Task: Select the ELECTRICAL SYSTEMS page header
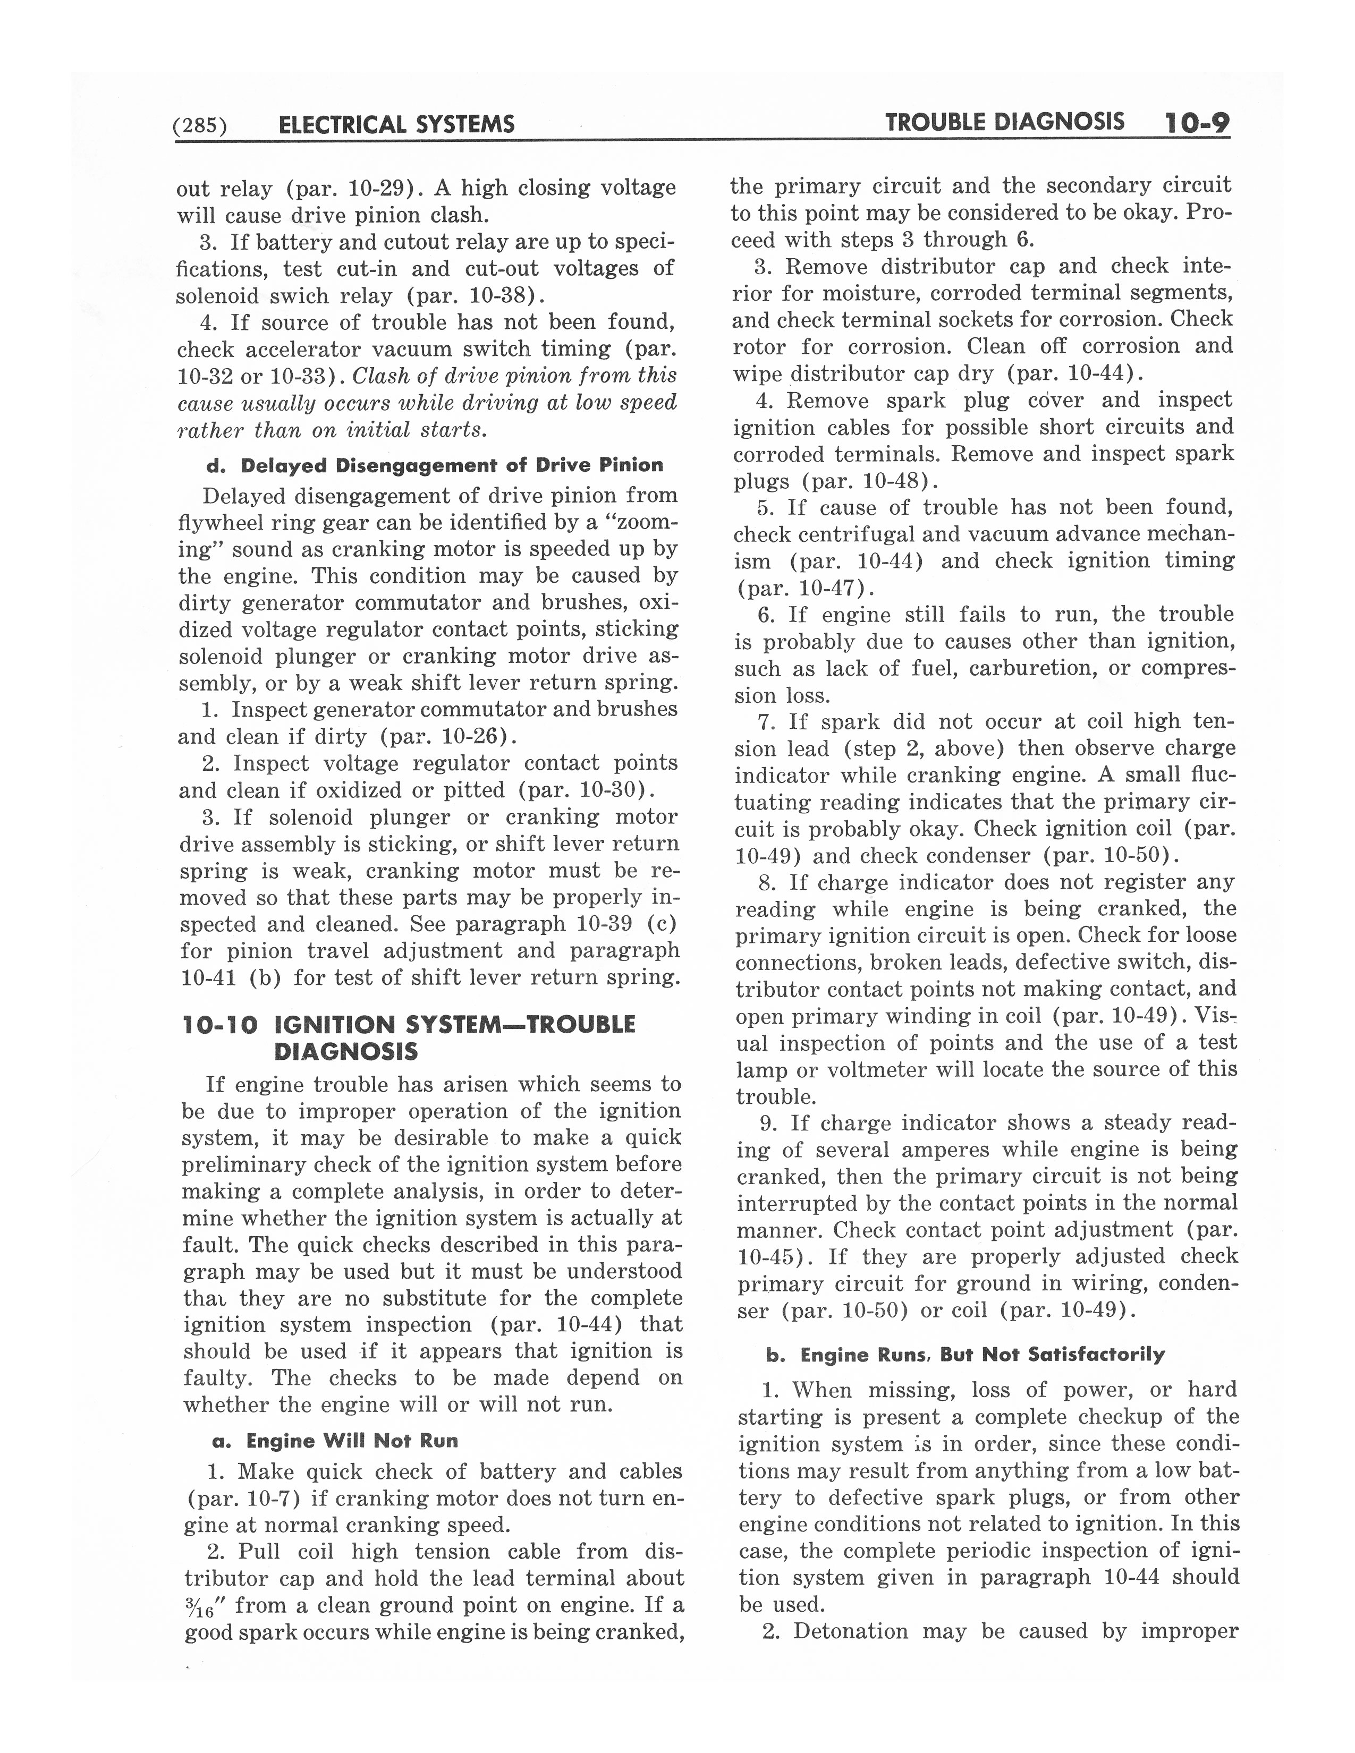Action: click(396, 124)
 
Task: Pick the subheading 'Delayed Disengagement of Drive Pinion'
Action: click(452, 465)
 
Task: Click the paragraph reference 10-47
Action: click(823, 589)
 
